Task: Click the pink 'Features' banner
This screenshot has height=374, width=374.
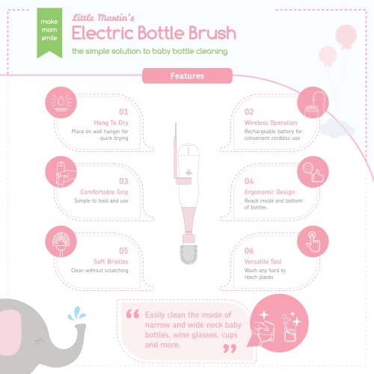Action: pos(187,76)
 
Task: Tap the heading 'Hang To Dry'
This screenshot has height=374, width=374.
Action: pos(98,121)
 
